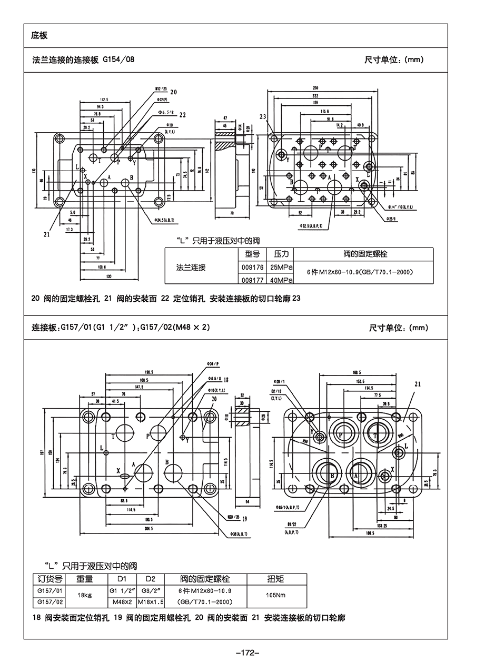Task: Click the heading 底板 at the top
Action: click(39, 36)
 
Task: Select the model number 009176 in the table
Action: click(252, 267)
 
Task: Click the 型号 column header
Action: click(252, 254)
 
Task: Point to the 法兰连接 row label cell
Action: click(191, 267)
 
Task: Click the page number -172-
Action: click(247, 653)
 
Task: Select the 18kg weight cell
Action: click(85, 596)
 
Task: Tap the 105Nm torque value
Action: click(276, 596)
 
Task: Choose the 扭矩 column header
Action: click(276, 579)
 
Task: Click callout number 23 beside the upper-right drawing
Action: click(263, 117)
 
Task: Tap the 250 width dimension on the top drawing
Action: click(315, 87)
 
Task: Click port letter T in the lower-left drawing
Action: click(113, 437)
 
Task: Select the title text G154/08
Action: click(118, 60)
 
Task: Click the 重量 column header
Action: click(85, 579)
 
